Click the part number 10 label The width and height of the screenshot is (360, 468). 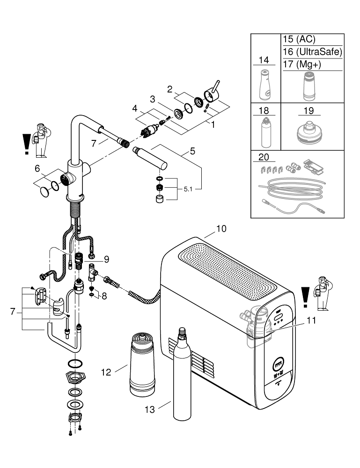click(221, 229)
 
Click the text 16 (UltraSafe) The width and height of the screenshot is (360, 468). click(312, 52)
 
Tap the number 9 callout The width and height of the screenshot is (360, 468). click(106, 258)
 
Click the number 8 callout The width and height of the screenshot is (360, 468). click(104, 296)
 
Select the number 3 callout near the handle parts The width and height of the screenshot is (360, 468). click(152, 99)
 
